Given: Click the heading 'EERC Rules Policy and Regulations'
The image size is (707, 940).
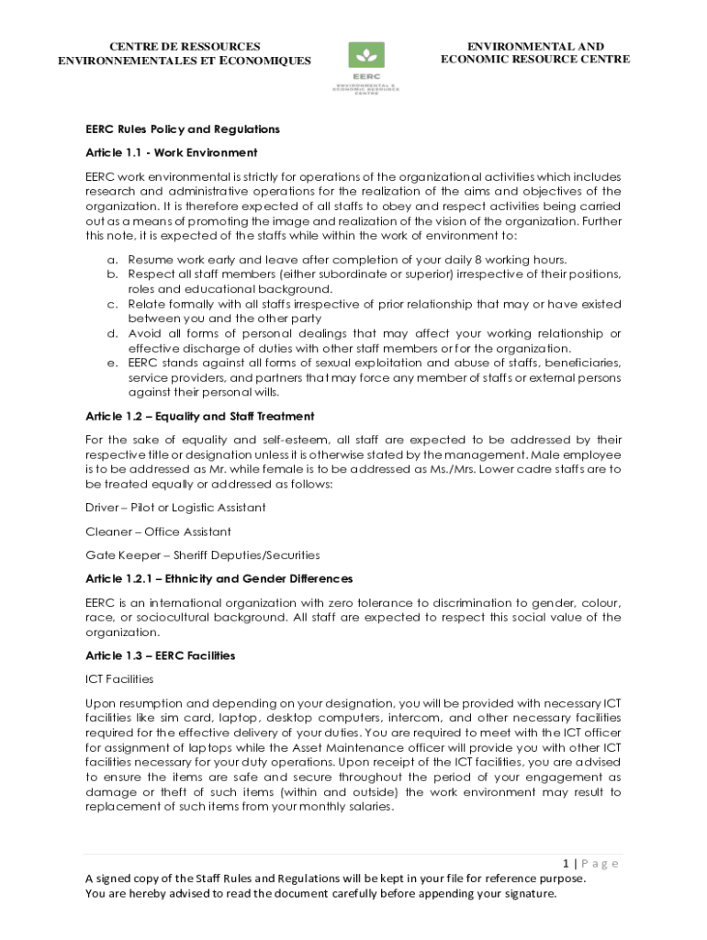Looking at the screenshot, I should click(182, 129).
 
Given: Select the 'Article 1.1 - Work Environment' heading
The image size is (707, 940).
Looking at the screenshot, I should click(171, 152).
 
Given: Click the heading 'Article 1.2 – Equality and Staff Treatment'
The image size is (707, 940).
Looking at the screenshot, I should click(199, 417).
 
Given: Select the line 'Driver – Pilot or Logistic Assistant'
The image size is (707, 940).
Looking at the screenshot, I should click(175, 508).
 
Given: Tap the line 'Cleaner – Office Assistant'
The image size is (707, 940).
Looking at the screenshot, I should click(158, 532).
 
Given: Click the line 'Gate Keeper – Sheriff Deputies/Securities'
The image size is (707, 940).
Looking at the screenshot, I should click(202, 555).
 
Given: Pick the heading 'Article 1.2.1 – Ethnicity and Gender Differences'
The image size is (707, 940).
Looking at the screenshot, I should click(219, 579).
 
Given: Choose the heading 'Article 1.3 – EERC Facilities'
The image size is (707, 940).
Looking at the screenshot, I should click(160, 655).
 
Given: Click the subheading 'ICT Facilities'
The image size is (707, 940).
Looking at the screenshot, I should click(119, 679).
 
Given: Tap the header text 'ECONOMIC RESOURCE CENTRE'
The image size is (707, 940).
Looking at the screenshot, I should click(534, 60).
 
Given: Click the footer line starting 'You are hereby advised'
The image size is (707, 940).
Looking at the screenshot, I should click(320, 893).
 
